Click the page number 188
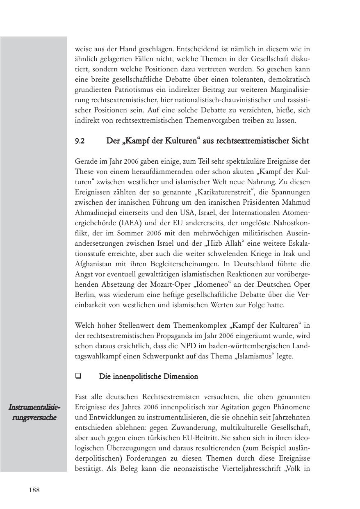[34, 490]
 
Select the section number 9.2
[80, 141]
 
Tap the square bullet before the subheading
[78, 376]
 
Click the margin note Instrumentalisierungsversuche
[34, 413]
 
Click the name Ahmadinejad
[95, 212]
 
